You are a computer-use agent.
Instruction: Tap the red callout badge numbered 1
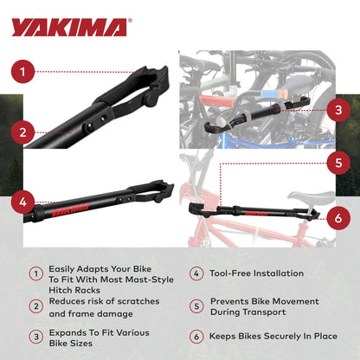[24, 71]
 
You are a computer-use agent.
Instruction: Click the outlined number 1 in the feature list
[36, 273]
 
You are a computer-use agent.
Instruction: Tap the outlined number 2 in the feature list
[36, 305]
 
